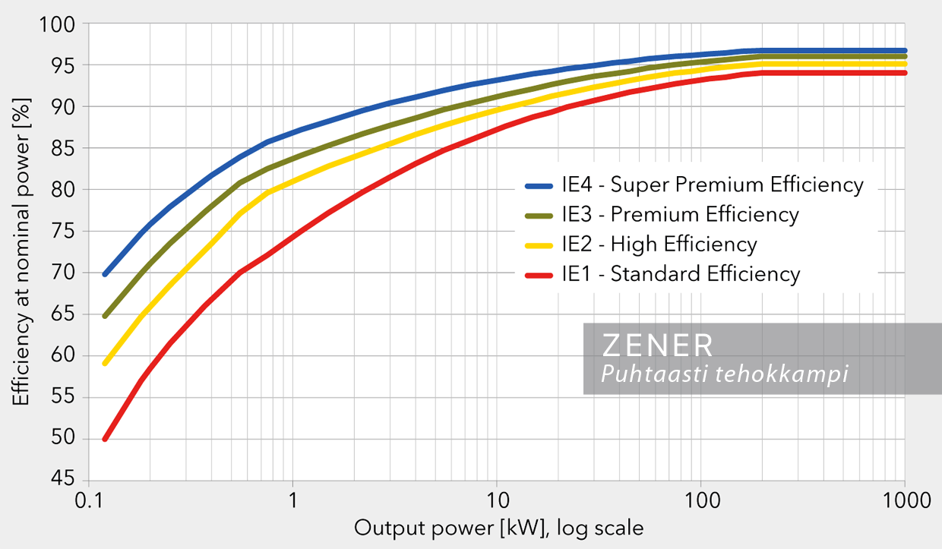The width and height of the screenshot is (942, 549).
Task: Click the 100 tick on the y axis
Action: (x=61, y=24)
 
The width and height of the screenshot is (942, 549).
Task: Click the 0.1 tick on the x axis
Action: (x=89, y=500)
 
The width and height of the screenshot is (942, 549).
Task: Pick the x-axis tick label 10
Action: (x=496, y=500)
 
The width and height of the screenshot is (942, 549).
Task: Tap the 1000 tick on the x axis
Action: (x=904, y=500)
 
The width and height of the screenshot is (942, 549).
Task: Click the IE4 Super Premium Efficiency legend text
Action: (x=713, y=185)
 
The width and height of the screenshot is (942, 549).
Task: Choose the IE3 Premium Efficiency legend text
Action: (x=680, y=214)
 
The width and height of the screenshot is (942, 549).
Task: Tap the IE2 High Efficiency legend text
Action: (x=659, y=244)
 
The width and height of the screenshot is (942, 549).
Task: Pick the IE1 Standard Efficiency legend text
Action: (x=681, y=273)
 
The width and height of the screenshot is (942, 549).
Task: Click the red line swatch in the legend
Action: (x=540, y=274)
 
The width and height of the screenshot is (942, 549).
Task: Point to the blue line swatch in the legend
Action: (x=540, y=185)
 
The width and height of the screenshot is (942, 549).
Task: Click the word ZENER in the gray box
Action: (x=658, y=345)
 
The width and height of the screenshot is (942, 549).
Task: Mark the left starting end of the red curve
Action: (x=105, y=439)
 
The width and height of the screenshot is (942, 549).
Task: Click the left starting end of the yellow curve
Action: (x=105, y=363)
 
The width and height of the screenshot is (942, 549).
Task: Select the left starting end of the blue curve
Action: (x=105, y=273)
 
